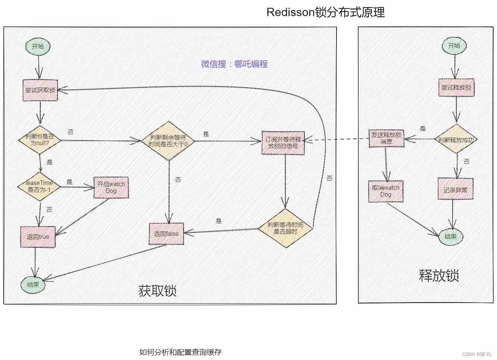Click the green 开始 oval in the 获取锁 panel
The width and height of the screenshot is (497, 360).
[x=38, y=47]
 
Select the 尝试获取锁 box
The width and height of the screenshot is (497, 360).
[x=40, y=90]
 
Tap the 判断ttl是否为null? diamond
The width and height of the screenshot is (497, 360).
[x=40, y=140]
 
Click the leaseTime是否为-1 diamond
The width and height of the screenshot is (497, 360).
[x=39, y=186]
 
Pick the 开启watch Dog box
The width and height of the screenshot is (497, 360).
[x=111, y=187]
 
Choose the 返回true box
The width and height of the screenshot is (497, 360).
[x=38, y=237]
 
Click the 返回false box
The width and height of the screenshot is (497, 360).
[x=166, y=234]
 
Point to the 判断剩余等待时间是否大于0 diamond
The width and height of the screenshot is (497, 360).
[x=168, y=141]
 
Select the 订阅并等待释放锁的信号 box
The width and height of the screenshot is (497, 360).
[x=283, y=143]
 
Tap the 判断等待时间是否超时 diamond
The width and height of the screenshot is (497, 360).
[x=285, y=228]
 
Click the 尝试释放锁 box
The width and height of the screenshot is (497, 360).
[x=456, y=88]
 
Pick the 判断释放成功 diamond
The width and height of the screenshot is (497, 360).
[x=456, y=140]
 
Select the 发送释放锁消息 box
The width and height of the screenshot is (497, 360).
[x=387, y=138]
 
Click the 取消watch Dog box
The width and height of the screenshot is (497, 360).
[x=386, y=191]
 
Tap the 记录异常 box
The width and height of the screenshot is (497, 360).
[x=456, y=190]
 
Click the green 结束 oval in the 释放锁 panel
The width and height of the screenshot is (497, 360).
[x=451, y=237]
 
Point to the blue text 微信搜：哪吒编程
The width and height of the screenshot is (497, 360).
[x=234, y=64]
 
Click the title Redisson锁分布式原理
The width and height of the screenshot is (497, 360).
[x=325, y=12]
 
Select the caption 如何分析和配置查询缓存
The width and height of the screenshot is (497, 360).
[x=180, y=352]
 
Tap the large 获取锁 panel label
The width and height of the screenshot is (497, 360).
[x=157, y=291]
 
